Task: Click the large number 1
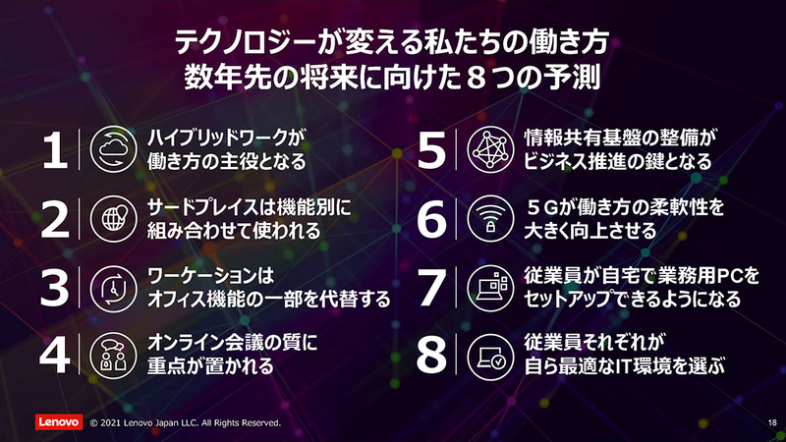click(55, 149)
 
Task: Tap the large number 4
click(55, 356)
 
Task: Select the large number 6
click(431, 219)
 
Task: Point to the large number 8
click(431, 356)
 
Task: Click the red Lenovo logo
click(57, 421)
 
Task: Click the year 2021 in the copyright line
click(116, 422)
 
